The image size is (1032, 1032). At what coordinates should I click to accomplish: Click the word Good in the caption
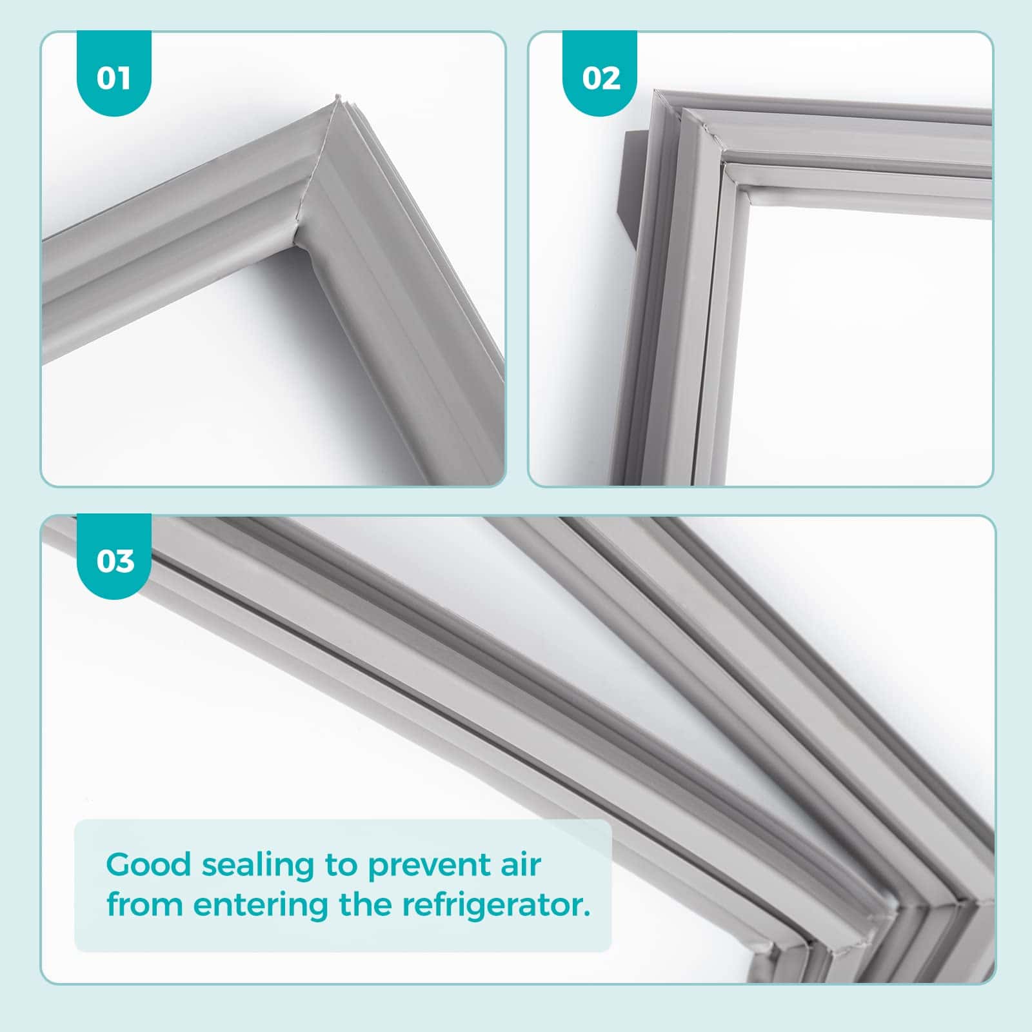pos(149,864)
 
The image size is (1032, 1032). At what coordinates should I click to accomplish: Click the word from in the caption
pos(145,904)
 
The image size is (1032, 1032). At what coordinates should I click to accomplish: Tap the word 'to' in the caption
pos(342,866)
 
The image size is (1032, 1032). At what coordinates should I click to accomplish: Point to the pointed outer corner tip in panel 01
pos(337,97)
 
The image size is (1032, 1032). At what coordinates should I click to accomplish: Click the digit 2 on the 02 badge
pos(611,78)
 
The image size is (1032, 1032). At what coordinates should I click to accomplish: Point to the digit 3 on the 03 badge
pos(124,561)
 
